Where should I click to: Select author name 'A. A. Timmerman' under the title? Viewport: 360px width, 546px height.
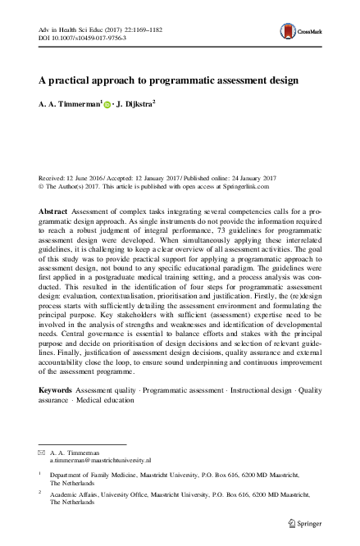click(x=69, y=105)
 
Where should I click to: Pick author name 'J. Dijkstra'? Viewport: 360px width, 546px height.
click(x=139, y=105)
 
